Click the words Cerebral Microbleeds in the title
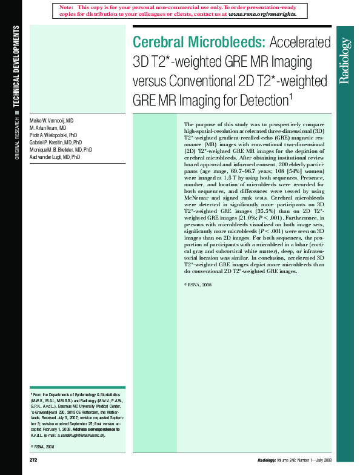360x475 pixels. pyautogui.click(x=199, y=42)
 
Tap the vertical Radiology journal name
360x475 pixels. pyautogui.click(x=345, y=61)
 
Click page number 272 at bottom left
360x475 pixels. pyautogui.click(x=34, y=462)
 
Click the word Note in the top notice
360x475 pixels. pyautogui.click(x=67, y=7)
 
